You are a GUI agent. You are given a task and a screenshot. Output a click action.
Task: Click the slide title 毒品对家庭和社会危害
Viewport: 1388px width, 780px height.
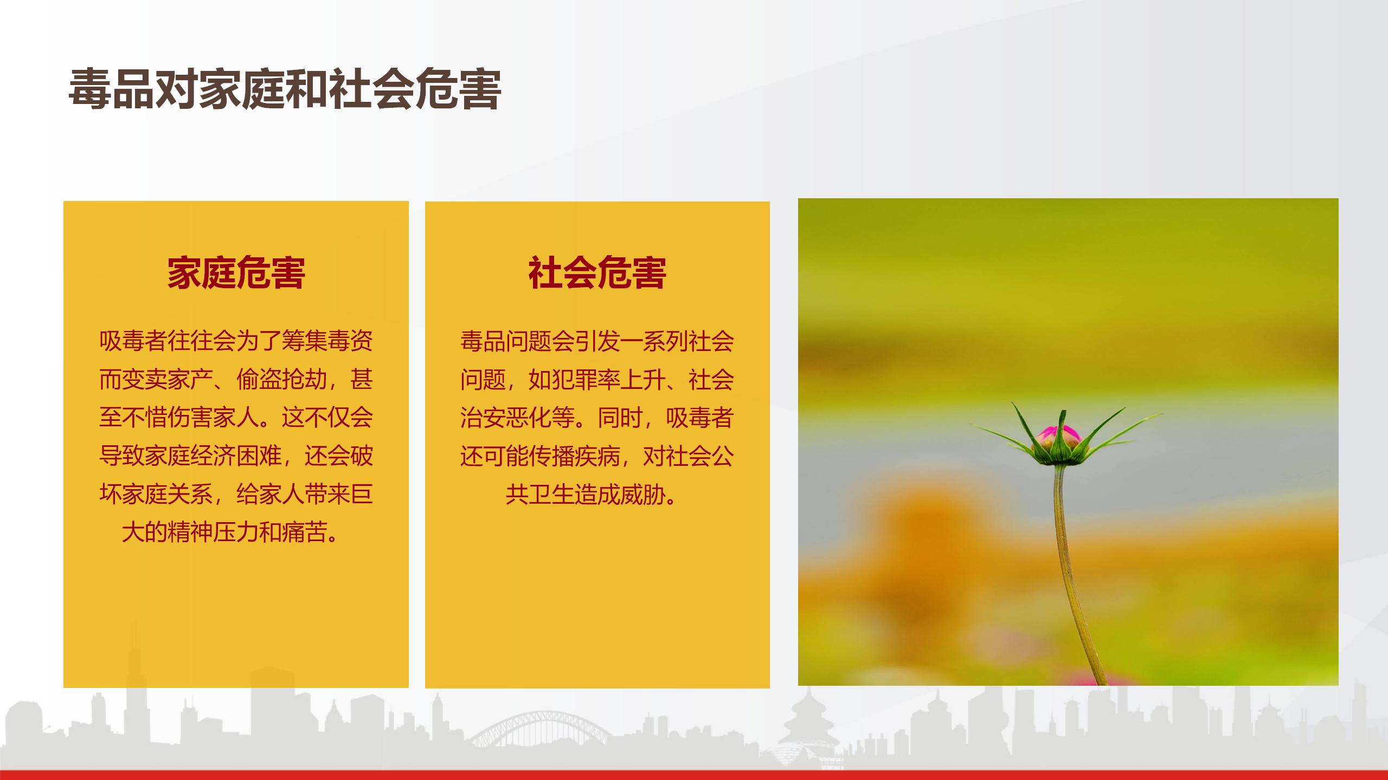pyautogui.click(x=285, y=89)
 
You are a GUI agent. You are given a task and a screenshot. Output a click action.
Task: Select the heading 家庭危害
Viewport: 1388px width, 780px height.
pyautogui.click(x=236, y=272)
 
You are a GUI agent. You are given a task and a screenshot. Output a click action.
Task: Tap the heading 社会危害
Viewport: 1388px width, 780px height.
pyautogui.click(x=597, y=272)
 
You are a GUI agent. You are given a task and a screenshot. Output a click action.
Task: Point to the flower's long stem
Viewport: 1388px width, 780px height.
pyautogui.click(x=1071, y=574)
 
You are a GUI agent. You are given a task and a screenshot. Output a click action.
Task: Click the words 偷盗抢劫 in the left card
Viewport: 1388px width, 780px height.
pyautogui.click(x=282, y=379)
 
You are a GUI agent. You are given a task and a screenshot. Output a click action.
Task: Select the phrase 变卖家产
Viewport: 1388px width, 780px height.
pyautogui.click(x=168, y=379)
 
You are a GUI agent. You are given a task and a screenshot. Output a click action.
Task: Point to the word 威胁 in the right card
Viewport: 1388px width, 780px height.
pyautogui.click(x=642, y=495)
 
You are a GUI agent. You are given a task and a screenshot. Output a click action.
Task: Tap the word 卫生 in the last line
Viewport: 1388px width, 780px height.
pyautogui.click(x=551, y=495)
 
